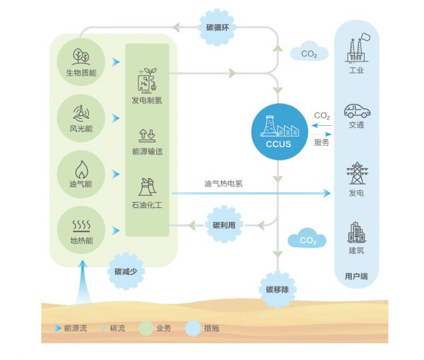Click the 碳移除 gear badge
(x=277, y=290)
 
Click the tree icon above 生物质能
(x=81, y=56)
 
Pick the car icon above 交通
(x=355, y=111)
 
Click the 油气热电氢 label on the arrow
(x=223, y=183)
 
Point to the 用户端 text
(x=355, y=276)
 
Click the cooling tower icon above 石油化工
(x=147, y=187)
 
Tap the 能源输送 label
(x=147, y=151)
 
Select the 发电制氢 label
(x=147, y=100)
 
